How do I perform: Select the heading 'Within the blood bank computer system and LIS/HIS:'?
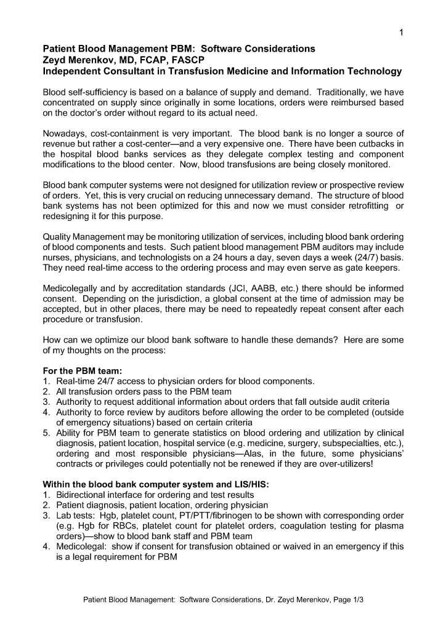click(155, 484)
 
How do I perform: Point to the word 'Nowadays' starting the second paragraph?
click(63, 133)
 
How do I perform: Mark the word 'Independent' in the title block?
click(71, 71)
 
